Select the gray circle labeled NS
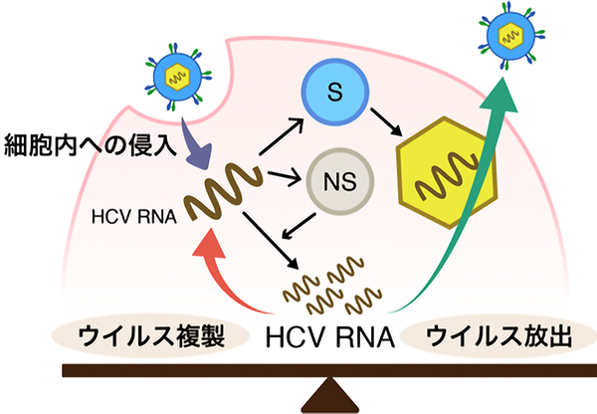[335, 182]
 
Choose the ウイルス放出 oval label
[496, 337]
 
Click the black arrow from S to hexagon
[383, 127]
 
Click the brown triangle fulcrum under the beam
[327, 396]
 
